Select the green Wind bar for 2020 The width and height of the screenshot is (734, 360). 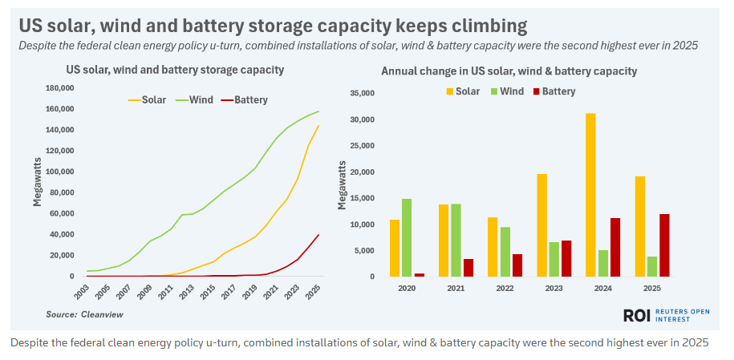[x=406, y=237]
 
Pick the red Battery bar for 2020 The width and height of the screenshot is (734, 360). [x=419, y=274]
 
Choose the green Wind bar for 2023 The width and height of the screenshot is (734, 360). [x=554, y=259]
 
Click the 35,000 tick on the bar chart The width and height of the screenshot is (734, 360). [x=362, y=93]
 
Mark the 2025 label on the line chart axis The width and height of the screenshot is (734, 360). [x=317, y=290]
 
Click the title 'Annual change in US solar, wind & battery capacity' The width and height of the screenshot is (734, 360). [x=509, y=71]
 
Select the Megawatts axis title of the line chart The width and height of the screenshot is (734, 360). [x=37, y=181]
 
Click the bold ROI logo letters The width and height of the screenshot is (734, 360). [x=638, y=316]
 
